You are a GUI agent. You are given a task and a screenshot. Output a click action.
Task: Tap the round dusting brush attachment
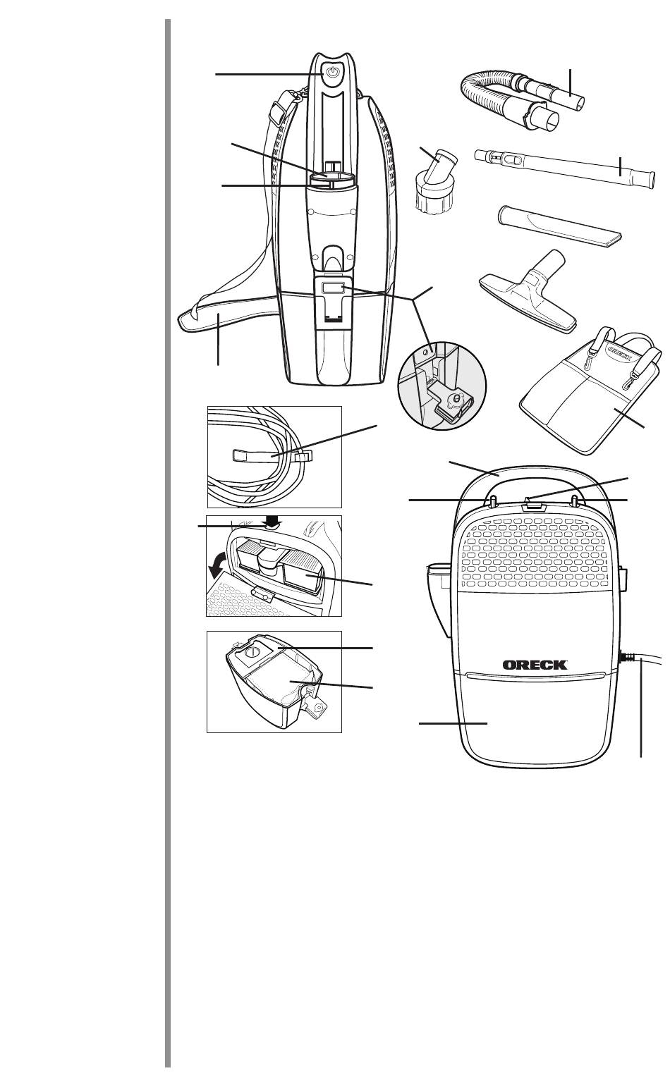coord(433,181)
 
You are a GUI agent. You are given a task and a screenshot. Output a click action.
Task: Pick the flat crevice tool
coord(560,226)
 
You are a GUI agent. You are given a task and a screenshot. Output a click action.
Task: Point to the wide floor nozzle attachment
coord(528,291)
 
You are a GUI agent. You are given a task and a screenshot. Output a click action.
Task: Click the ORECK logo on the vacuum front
coord(535,665)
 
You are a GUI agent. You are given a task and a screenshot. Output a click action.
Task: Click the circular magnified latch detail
coord(442,386)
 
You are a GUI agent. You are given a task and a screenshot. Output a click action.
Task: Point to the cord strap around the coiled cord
coord(272,455)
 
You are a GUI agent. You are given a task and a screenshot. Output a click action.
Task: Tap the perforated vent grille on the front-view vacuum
coord(535,554)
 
